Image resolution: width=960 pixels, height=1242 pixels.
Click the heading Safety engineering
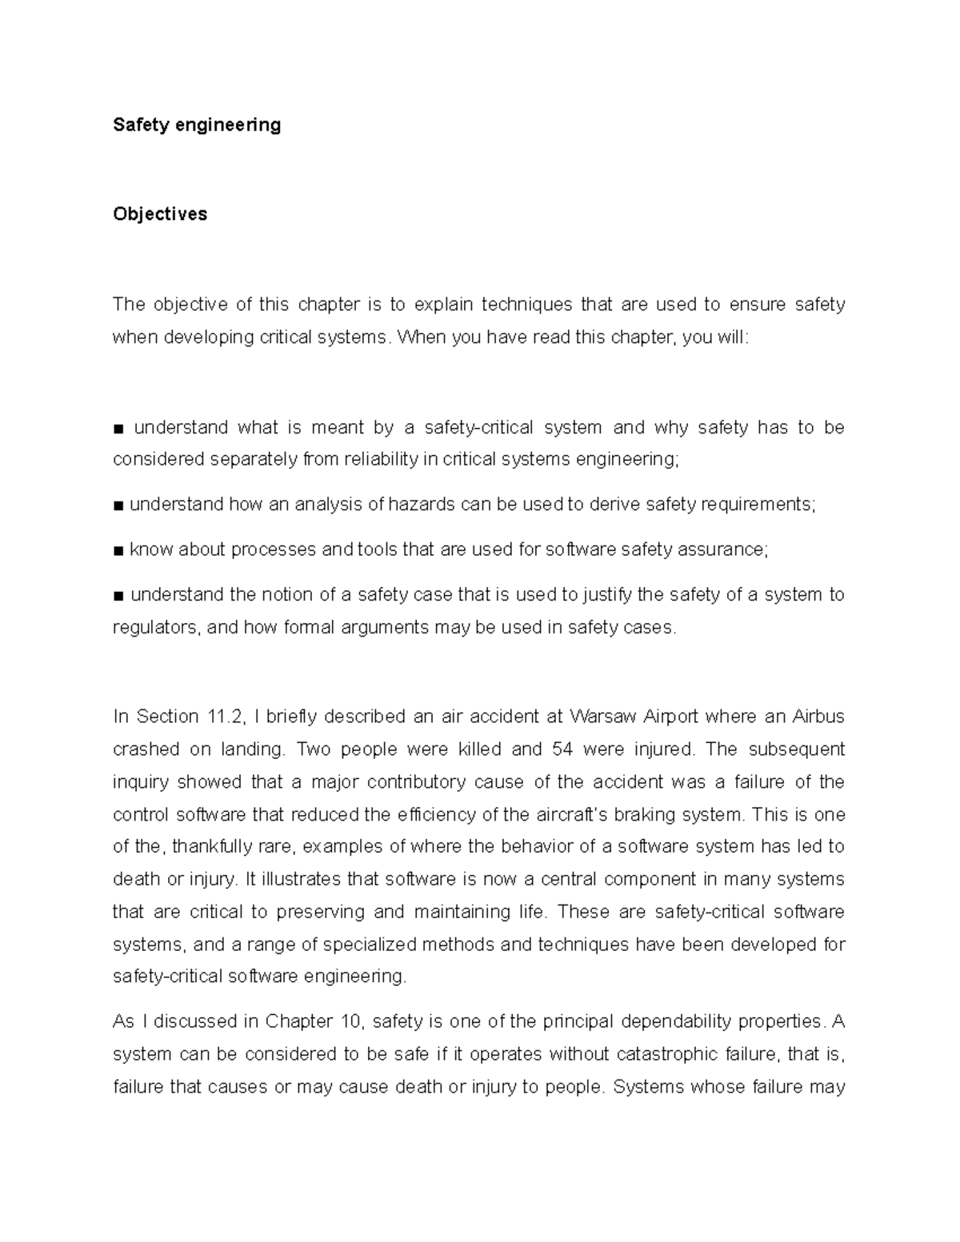pos(197,125)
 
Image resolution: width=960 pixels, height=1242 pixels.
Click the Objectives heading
pos(160,214)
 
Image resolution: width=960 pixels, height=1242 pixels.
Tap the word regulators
pos(156,628)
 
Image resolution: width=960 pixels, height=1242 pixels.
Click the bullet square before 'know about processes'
pos(118,550)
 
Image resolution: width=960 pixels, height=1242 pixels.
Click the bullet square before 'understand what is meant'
pos(118,429)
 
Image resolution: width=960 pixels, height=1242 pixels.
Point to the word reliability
pos(381,460)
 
